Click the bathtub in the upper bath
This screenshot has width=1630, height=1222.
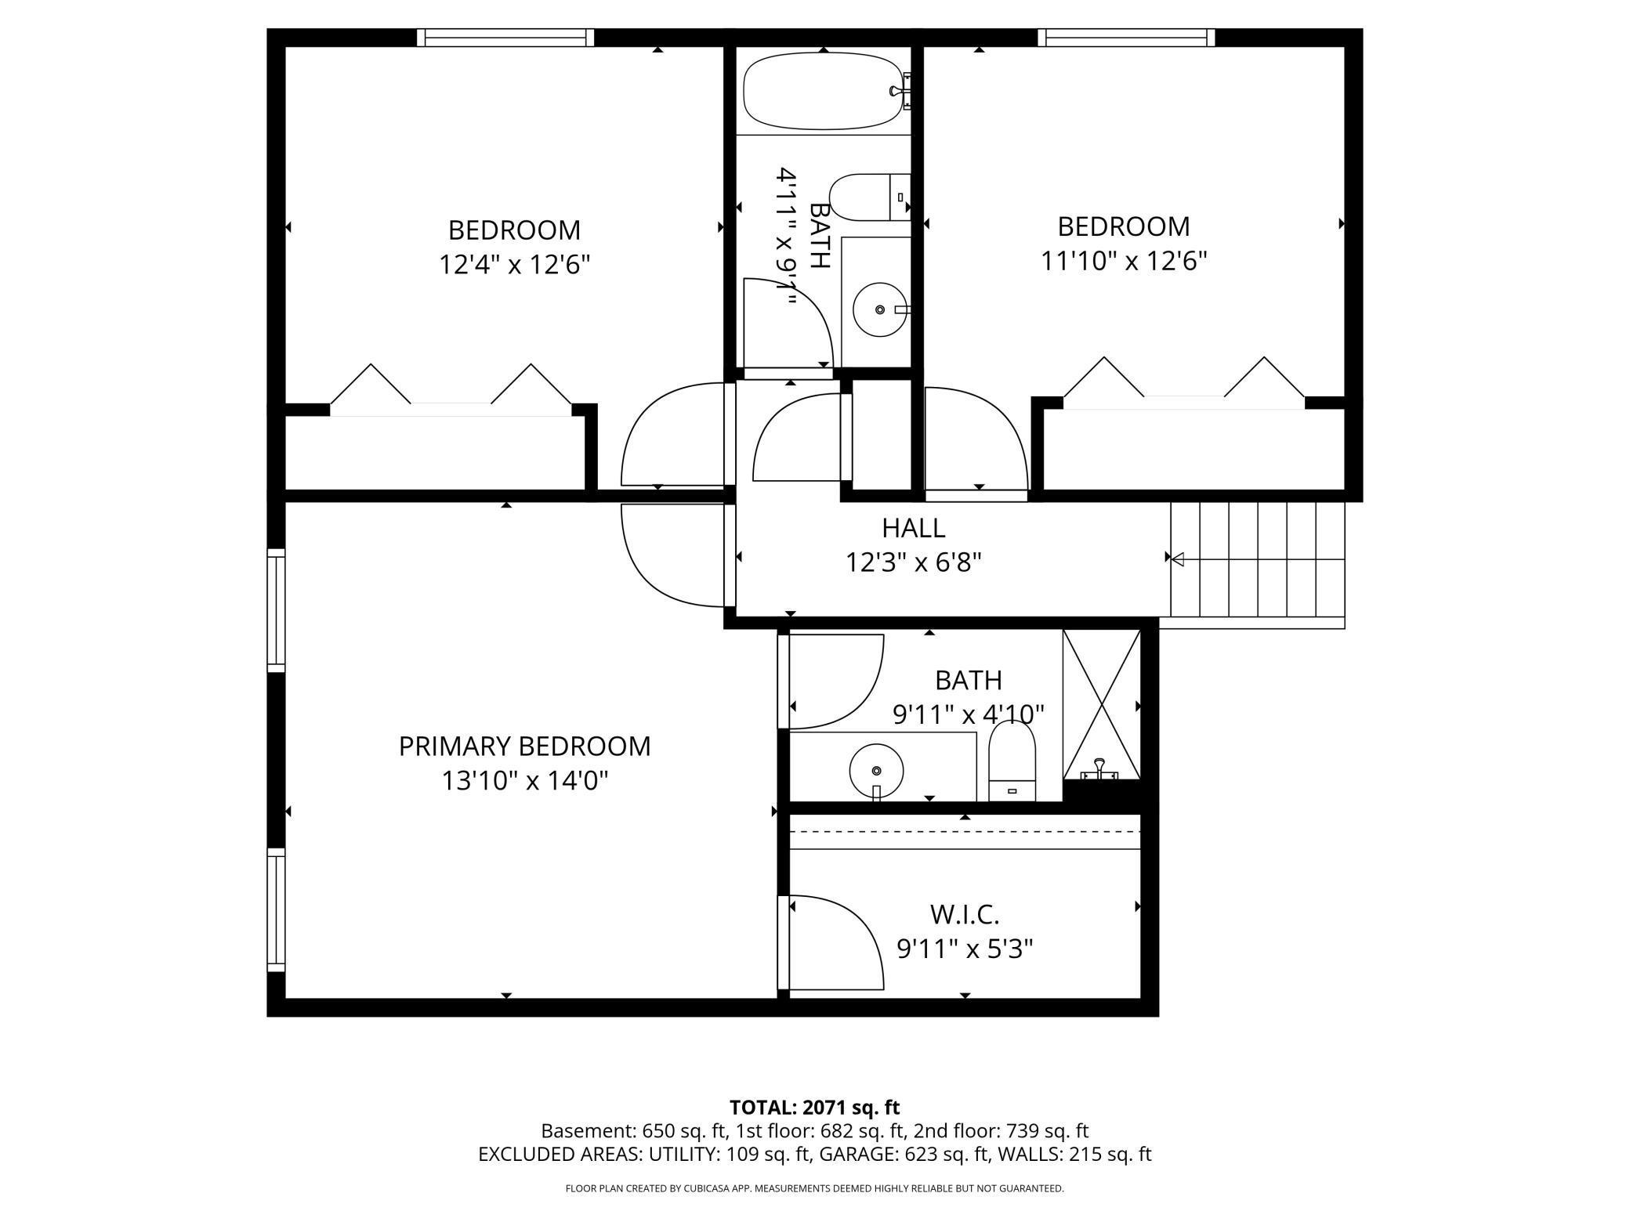click(x=824, y=91)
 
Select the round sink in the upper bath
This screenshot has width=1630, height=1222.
click(x=879, y=309)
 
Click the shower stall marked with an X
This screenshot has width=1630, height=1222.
click(x=1101, y=704)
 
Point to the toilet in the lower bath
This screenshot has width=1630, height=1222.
click(x=1012, y=761)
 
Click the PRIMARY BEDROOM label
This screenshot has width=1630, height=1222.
click(x=524, y=746)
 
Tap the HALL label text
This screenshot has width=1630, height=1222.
click(x=914, y=528)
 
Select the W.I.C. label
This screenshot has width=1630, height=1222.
click(x=965, y=914)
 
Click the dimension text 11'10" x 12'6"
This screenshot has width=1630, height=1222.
click(x=1124, y=260)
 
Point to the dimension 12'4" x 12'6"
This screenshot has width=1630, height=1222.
click(x=514, y=264)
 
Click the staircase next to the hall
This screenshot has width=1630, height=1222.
click(x=1258, y=559)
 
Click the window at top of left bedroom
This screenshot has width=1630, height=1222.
click(x=505, y=38)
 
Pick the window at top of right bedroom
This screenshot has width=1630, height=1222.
click(x=1126, y=38)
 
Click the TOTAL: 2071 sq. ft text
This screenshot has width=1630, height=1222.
click(x=814, y=1108)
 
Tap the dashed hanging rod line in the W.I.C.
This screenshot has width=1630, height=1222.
click(x=965, y=831)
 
